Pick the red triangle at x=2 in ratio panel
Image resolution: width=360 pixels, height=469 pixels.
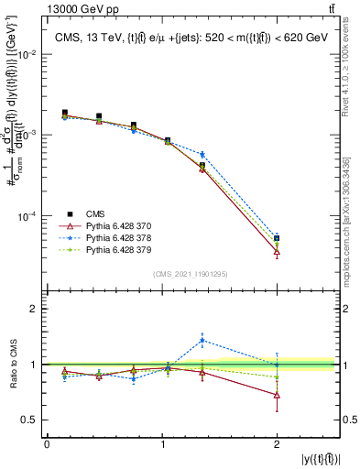277,396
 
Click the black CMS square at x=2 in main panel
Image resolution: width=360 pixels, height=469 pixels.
277,238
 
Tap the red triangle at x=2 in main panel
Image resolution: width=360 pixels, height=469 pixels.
277,252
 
